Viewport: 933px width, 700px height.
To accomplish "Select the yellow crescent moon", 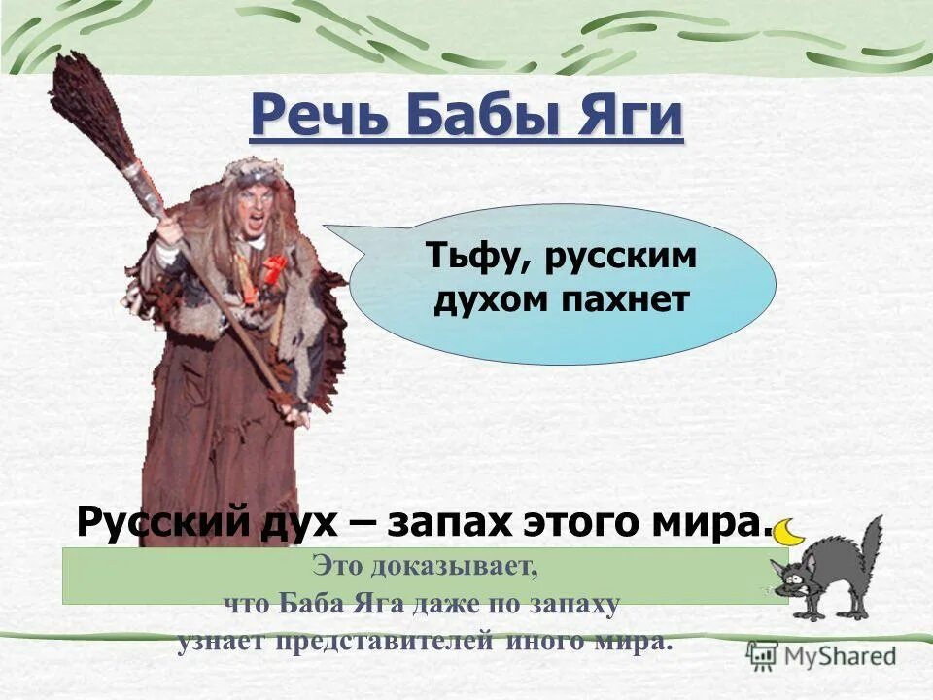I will coord(791,530).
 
